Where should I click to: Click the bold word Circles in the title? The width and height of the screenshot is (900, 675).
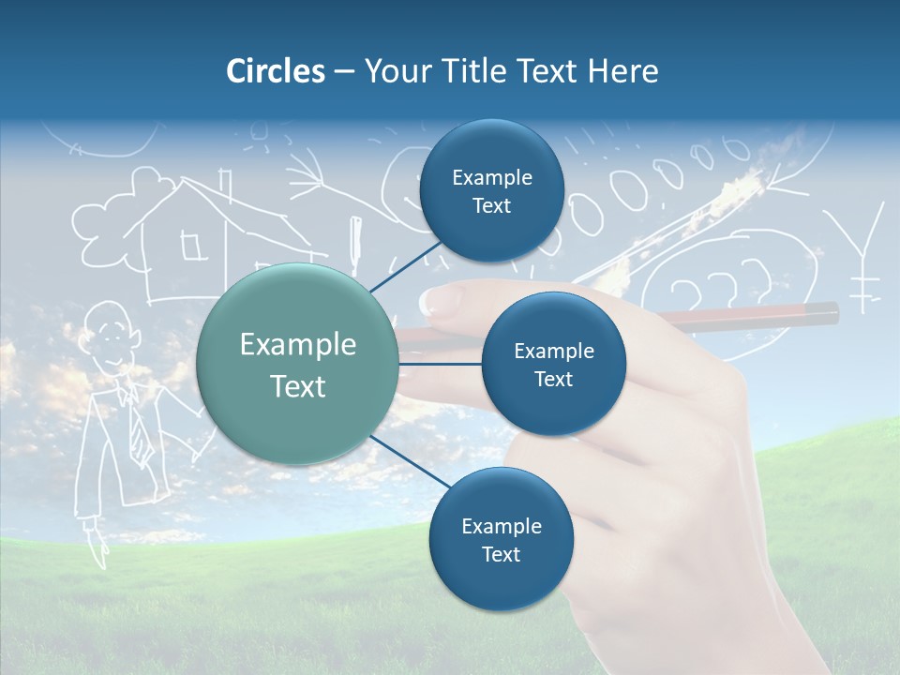tap(275, 71)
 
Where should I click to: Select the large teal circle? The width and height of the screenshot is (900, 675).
tap(298, 365)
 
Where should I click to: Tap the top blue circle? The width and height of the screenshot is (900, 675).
tap(491, 191)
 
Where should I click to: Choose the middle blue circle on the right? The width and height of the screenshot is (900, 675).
tap(553, 365)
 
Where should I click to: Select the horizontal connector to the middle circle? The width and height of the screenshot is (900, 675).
tap(441, 364)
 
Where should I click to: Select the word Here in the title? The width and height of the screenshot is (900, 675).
tap(622, 71)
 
